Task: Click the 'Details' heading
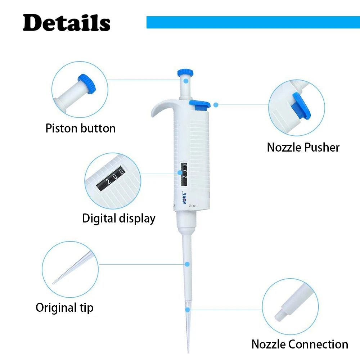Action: [66, 23]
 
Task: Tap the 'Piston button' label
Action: [81, 128]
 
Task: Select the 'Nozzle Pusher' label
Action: [303, 147]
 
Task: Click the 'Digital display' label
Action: [119, 218]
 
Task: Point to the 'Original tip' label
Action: [64, 308]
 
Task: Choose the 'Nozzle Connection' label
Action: [300, 344]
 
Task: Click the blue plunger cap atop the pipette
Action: [186, 72]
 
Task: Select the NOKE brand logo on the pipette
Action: [184, 197]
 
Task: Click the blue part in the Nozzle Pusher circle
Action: [301, 107]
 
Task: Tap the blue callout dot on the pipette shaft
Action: [187, 264]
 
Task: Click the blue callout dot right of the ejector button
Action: [216, 105]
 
